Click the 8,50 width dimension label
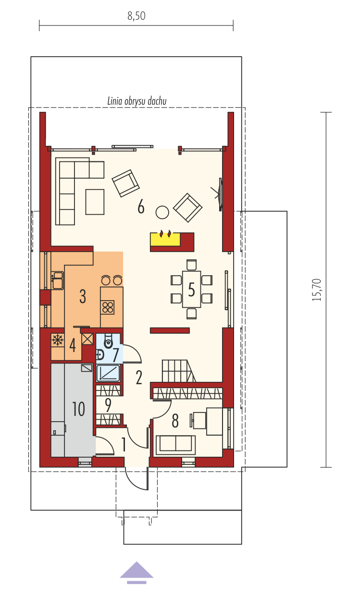pos(137,16)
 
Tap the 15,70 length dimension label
pos(317,290)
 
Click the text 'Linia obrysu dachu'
pos(137,101)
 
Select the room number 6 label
pos(141,207)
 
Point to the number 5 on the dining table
pos(191,290)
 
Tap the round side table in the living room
pos(162,212)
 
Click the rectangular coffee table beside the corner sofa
pos(95,202)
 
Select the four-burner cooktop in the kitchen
pos(108,307)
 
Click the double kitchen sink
pos(58,280)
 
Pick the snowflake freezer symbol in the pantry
pos(58,340)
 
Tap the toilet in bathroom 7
pos(108,341)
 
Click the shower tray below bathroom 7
pos(108,373)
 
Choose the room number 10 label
pos(78,409)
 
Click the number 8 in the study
pos(175,421)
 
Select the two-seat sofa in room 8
pos(176,445)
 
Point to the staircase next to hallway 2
pos(179,371)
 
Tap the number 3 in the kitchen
pos(83,296)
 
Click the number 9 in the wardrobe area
pos(108,405)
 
